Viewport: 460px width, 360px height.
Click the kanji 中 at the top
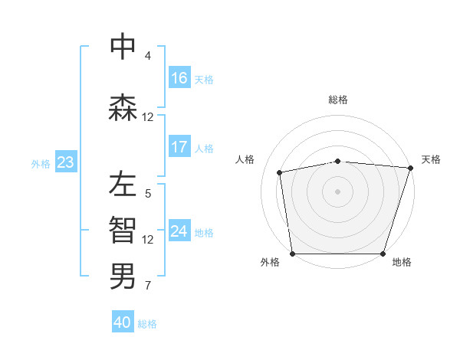pyautogui.click(x=123, y=47)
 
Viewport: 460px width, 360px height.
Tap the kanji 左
pyautogui.click(x=123, y=185)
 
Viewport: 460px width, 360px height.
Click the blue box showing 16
pyautogui.click(x=179, y=78)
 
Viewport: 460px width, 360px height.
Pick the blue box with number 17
pyautogui.click(x=179, y=147)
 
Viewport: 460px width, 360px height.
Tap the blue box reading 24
pyautogui.click(x=179, y=231)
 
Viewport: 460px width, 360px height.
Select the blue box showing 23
pyautogui.click(x=65, y=162)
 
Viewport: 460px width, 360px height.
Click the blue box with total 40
pyautogui.click(x=123, y=322)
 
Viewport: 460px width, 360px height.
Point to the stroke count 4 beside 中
pyautogui.click(x=147, y=56)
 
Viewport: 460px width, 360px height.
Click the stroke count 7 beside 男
pyautogui.click(x=147, y=286)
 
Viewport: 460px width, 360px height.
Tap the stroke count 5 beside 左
pyautogui.click(x=147, y=194)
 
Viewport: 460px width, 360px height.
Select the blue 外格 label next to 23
pyautogui.click(x=41, y=163)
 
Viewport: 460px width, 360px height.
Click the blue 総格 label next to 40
pyautogui.click(x=147, y=324)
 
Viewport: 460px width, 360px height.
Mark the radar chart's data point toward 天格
pyautogui.click(x=410, y=168)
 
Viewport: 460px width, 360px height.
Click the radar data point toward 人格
pyautogui.click(x=280, y=172)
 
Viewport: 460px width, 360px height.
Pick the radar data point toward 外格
pyautogui.click(x=292, y=254)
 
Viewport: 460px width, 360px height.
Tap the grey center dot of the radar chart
pyautogui.click(x=337, y=191)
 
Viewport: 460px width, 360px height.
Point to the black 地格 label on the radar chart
pyautogui.click(x=402, y=262)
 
